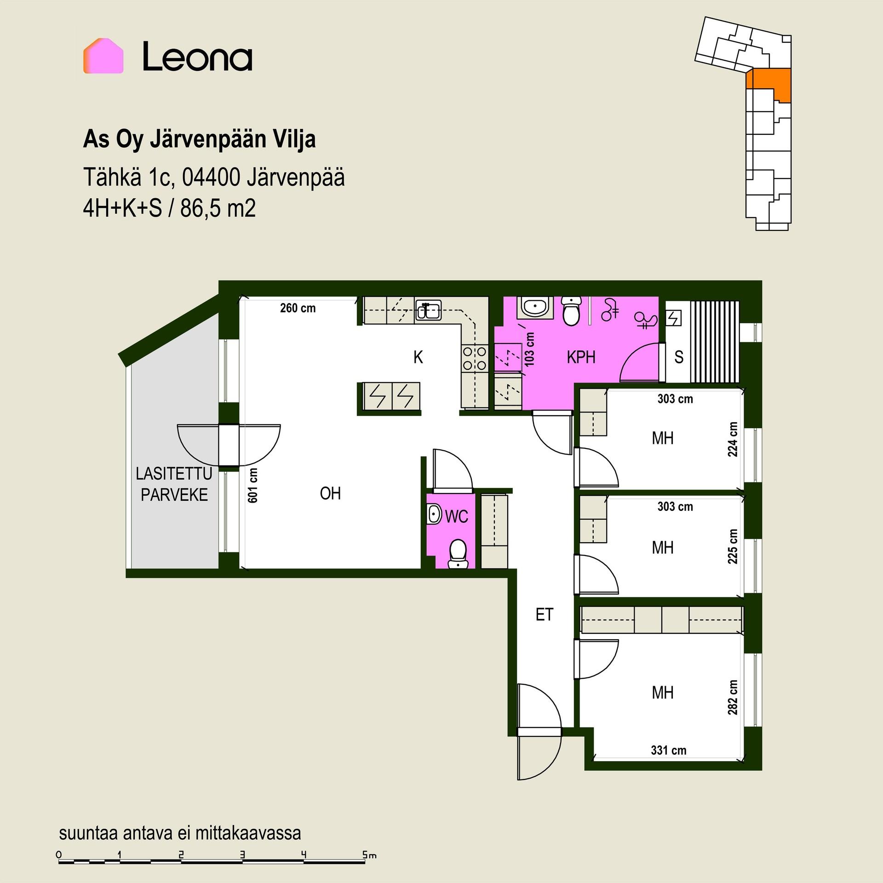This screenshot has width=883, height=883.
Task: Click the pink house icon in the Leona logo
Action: coord(103,56)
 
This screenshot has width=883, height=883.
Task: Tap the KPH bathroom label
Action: coord(581,357)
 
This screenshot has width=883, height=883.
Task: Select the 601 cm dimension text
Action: coord(252,485)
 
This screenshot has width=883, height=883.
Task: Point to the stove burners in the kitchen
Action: coord(475,358)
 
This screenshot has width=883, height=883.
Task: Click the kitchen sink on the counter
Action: coord(428,310)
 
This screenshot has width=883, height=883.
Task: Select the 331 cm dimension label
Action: coord(668,750)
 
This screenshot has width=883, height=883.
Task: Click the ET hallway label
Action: coord(545,614)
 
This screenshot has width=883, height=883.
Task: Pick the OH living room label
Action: coord(330,493)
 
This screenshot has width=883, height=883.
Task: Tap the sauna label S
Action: coord(679,357)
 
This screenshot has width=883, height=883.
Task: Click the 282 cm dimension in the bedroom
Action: coord(733,697)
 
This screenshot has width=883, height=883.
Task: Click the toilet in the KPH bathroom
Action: coord(572,311)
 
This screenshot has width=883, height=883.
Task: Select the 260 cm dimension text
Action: coord(298,308)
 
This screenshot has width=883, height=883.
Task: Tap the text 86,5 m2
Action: coord(218,208)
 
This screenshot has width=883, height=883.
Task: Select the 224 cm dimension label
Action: coord(733,439)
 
